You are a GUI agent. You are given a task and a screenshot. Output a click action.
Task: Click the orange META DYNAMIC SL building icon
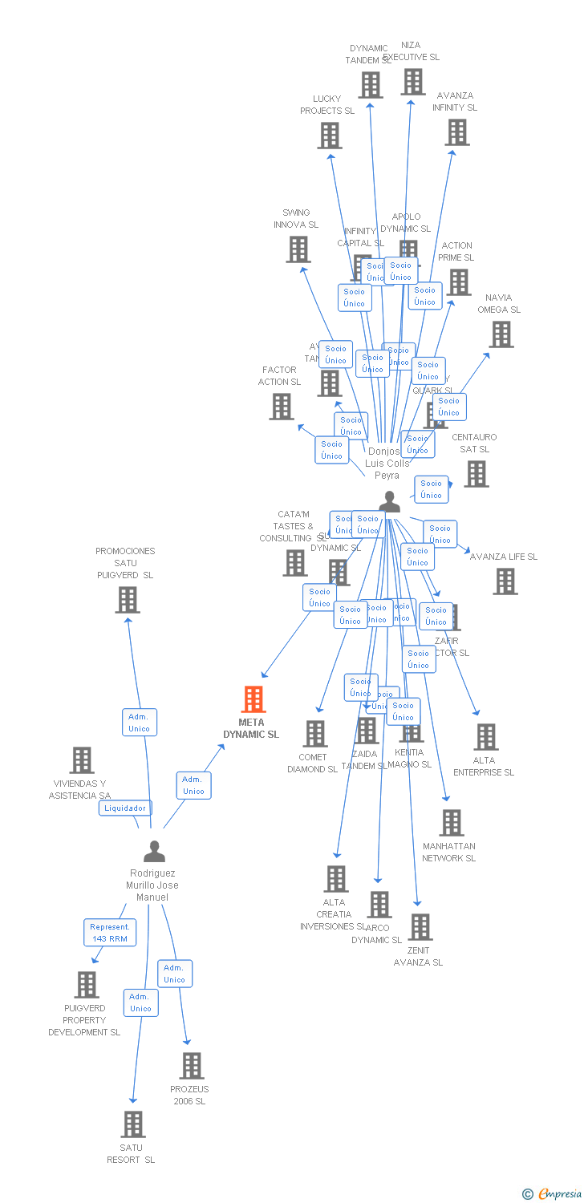253,699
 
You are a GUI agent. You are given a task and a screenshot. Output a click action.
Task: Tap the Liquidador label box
125,808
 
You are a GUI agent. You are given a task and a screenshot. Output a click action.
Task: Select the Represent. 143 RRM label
110,932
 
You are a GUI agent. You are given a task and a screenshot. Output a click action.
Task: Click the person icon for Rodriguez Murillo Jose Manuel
154,851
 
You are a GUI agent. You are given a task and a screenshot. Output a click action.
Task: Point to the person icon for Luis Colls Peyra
389,502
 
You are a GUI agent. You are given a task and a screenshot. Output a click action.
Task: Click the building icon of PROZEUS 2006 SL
191,1066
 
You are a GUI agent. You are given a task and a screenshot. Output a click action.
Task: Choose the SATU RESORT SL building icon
133,1124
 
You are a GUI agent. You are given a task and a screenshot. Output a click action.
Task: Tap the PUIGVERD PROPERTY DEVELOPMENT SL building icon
86,984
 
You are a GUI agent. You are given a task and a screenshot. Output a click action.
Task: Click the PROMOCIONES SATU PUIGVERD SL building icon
127,599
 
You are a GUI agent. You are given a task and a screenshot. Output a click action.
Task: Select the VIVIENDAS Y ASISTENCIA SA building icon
82,759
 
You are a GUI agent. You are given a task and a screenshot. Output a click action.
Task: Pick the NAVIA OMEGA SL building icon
501,334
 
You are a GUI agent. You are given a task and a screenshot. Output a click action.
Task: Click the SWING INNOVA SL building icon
298,249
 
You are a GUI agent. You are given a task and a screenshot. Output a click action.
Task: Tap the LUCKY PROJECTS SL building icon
329,136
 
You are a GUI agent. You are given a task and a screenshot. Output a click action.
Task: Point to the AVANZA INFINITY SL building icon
457,132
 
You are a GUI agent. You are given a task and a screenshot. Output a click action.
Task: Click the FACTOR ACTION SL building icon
282,407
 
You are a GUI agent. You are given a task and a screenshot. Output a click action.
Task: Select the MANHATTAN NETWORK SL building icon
451,822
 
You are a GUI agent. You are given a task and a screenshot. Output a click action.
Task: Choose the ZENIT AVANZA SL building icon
420,927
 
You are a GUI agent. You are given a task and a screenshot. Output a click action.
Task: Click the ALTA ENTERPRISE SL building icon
485,736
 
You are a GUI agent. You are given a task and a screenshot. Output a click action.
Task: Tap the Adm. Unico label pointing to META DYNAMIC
193,785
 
